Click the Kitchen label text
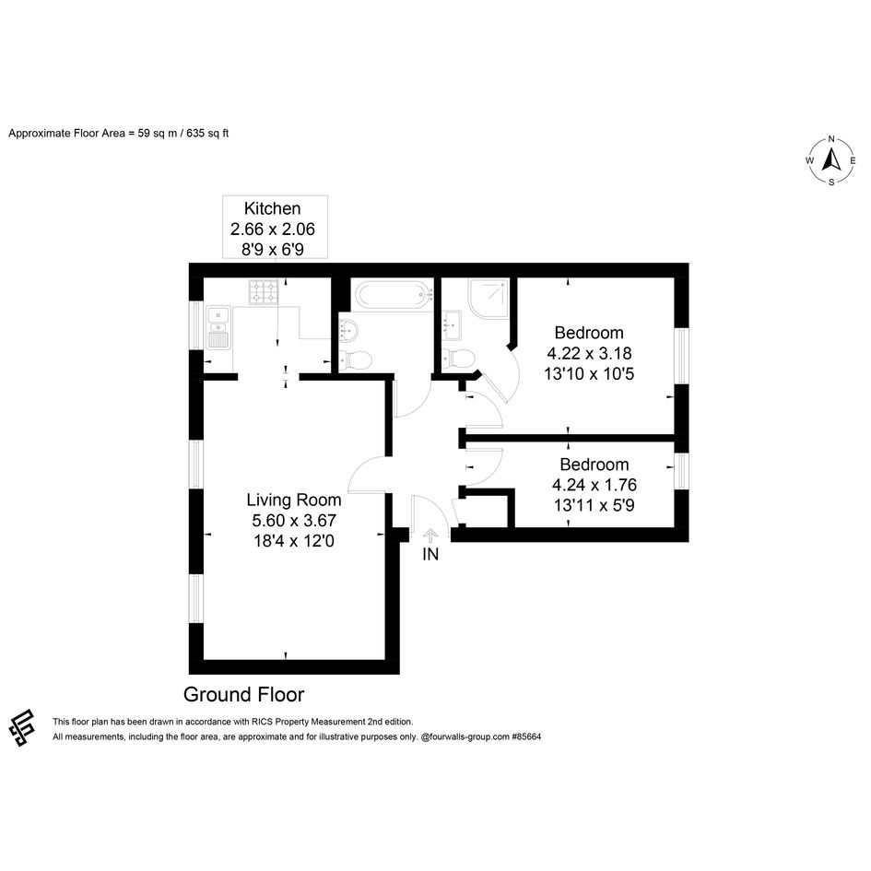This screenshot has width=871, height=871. click(x=272, y=208)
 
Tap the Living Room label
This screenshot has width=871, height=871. click(x=294, y=500)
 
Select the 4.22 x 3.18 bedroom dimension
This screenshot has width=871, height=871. click(x=589, y=353)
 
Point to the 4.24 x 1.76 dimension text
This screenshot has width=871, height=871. click(x=594, y=485)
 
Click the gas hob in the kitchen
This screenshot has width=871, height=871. click(x=264, y=292)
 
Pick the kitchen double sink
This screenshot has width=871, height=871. click(x=218, y=327)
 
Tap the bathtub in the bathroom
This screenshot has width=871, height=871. click(x=394, y=295)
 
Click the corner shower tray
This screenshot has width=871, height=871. click(x=488, y=298)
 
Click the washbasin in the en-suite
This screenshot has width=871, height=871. click(x=452, y=324)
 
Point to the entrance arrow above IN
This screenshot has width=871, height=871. click(x=430, y=536)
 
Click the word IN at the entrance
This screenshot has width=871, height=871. click(x=430, y=554)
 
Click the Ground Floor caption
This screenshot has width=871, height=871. click(x=244, y=694)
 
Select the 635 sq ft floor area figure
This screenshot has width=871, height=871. click(x=207, y=134)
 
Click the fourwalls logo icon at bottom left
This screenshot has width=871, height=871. click(x=22, y=728)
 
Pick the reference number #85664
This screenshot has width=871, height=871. click(x=526, y=737)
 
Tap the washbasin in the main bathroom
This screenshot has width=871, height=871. click(x=348, y=332)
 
